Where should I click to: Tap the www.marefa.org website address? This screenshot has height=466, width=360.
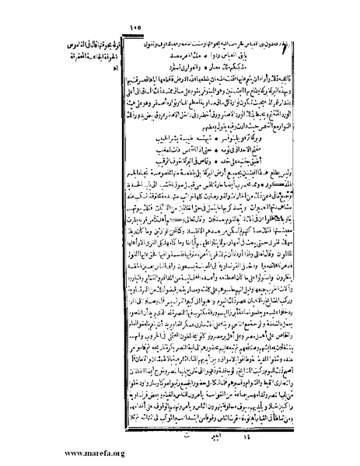coord(47,453)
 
